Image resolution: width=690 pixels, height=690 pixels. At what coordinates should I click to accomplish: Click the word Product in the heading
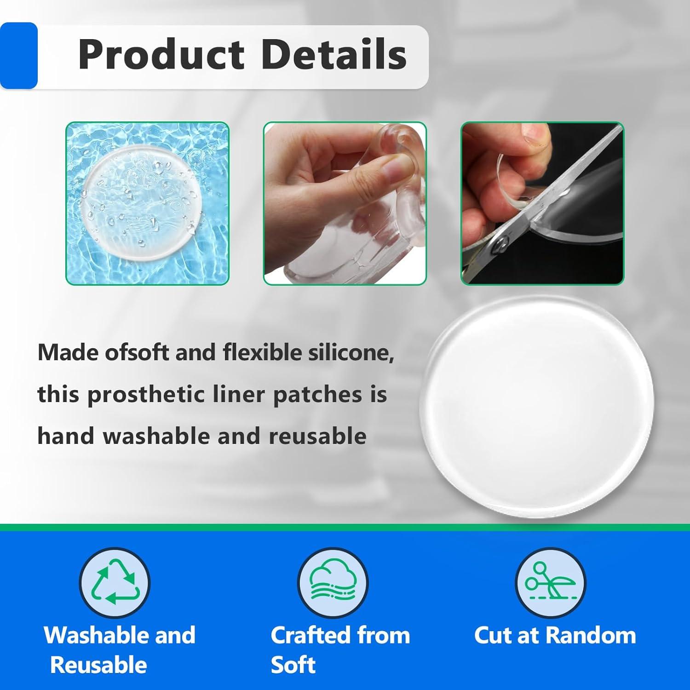coord(161,55)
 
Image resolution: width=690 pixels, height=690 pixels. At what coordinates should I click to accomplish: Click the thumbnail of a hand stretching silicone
coord(345,203)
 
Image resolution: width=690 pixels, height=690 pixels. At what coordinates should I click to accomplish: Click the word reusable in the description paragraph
coord(317,436)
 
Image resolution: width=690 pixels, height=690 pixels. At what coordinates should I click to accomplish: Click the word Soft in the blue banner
coord(293,665)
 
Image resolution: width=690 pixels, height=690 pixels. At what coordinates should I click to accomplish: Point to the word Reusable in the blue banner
coord(98,665)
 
